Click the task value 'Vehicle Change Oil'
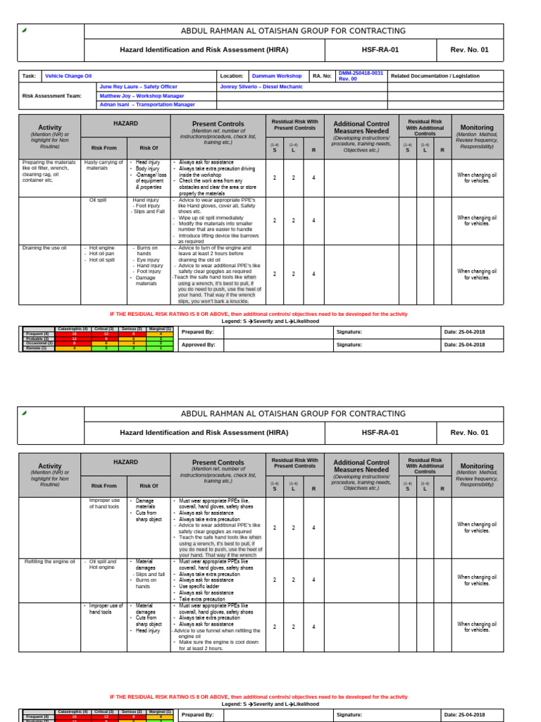tap(68, 76)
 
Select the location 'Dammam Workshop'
tap(276, 76)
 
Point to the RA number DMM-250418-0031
tap(361, 73)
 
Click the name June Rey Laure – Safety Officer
tap(138, 86)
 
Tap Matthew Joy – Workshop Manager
tap(142, 95)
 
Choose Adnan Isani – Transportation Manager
tap(147, 104)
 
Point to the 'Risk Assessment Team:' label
tap(51, 95)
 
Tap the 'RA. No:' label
tap(321, 76)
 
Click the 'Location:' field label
tap(231, 76)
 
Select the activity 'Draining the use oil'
tap(45, 248)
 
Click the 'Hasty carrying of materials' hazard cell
tap(104, 166)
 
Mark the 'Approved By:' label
tap(198, 345)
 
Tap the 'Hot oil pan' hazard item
tap(102, 254)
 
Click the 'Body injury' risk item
tap(148, 169)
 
